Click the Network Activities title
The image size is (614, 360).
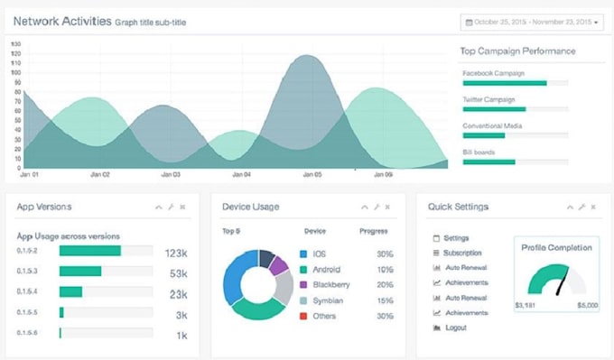point(62,20)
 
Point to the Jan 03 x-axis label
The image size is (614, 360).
point(170,174)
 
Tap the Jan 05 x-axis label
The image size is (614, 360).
point(312,174)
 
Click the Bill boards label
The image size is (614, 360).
point(479,152)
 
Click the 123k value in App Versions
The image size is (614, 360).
point(176,253)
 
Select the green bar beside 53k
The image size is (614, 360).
point(80,272)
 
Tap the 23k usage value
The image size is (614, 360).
point(178,293)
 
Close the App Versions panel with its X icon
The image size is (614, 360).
point(183,207)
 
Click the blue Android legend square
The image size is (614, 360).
point(303,269)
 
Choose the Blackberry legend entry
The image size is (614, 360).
point(331,284)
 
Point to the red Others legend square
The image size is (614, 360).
point(303,315)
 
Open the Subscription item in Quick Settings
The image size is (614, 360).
point(462,253)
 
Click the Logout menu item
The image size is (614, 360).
point(455,328)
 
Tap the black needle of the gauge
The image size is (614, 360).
point(562,284)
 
